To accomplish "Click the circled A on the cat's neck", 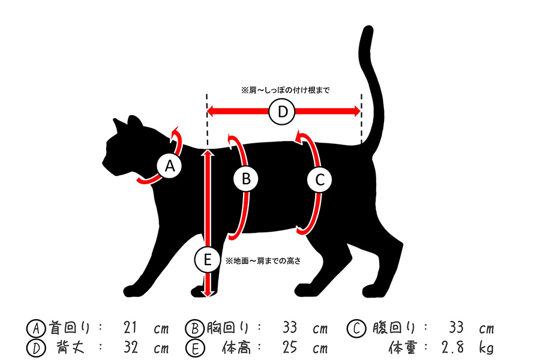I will pyautogui.click(x=169, y=166).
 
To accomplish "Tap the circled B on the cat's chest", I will pyautogui.click(x=246, y=178).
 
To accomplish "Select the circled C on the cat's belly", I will pyautogui.click(x=319, y=178).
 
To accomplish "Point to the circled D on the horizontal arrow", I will pyautogui.click(x=283, y=112).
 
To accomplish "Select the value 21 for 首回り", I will pyautogui.click(x=131, y=328).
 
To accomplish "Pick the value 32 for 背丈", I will pyautogui.click(x=131, y=347).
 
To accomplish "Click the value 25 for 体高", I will pyautogui.click(x=291, y=347).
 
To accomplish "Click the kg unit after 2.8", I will pyautogui.click(x=486, y=347).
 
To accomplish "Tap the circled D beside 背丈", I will pyautogui.click(x=35, y=347).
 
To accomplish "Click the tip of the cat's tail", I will pyautogui.click(x=365, y=30).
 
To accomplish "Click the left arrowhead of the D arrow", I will pyautogui.click(x=211, y=111).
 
